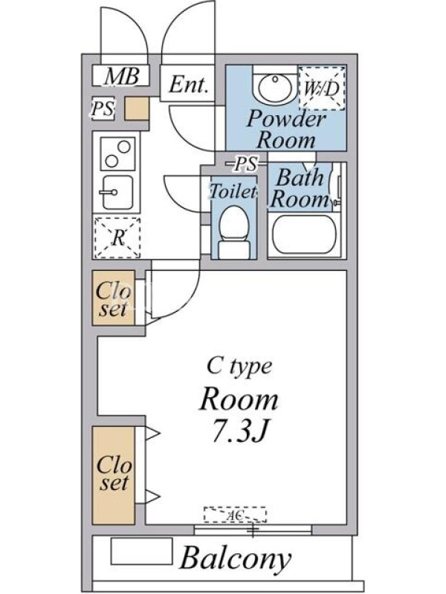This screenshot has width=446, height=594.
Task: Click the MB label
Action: (122, 76)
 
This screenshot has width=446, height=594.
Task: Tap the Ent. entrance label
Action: (189, 85)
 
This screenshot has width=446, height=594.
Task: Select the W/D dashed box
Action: (321, 88)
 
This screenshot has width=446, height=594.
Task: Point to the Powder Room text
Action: (286, 129)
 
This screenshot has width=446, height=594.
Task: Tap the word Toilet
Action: (233, 191)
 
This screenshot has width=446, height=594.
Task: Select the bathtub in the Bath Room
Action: (305, 235)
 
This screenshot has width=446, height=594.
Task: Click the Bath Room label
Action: (300, 189)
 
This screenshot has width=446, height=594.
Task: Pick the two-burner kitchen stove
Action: (117, 154)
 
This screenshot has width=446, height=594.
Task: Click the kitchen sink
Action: (117, 192)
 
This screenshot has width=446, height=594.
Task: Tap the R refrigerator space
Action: (117, 238)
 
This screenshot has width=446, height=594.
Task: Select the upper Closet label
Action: (113, 300)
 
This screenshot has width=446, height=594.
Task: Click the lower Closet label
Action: (114, 473)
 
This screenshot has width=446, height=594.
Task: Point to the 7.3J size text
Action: (239, 432)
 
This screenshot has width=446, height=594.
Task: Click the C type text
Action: (239, 366)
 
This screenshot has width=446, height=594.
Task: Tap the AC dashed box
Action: (235, 515)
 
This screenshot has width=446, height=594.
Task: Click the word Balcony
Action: (236, 559)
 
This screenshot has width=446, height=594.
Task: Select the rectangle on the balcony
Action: (141, 551)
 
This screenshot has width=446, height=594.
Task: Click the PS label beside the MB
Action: (103, 108)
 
